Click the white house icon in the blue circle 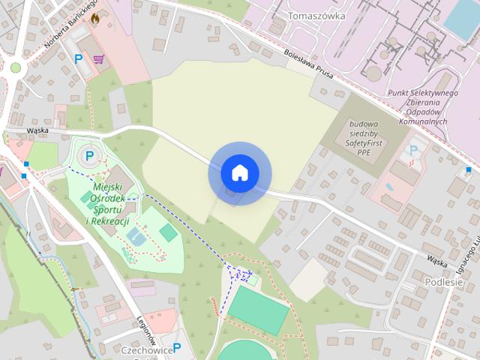click(x=239, y=173)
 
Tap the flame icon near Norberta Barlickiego click(x=94, y=20)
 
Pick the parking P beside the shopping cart click(x=77, y=58)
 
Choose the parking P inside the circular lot click(x=90, y=156)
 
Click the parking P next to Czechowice click(x=177, y=347)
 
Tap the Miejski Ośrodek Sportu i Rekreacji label click(x=109, y=204)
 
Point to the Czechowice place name click(x=146, y=349)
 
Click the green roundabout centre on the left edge click(x=15, y=67)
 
